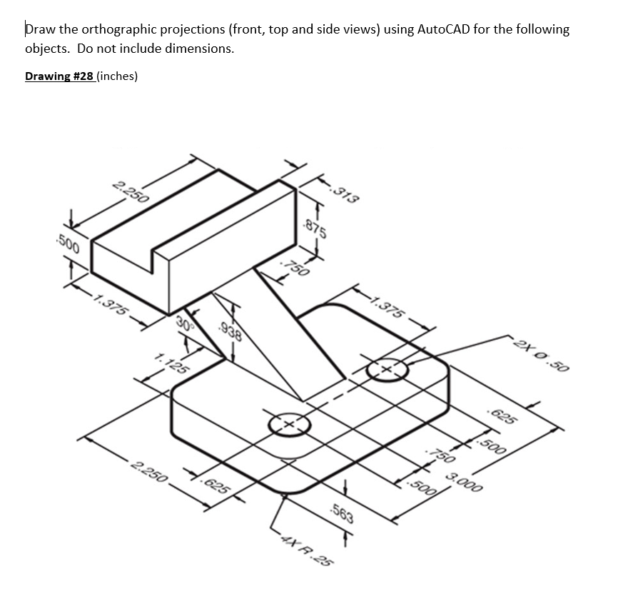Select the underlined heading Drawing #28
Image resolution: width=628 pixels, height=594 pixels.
coord(59,76)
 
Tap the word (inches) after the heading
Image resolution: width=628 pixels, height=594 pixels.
coord(117,76)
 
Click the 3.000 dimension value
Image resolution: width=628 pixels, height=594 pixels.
coord(462,483)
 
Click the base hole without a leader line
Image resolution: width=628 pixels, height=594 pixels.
coord(289,424)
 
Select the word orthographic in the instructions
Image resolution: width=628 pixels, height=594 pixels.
coord(118,29)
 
